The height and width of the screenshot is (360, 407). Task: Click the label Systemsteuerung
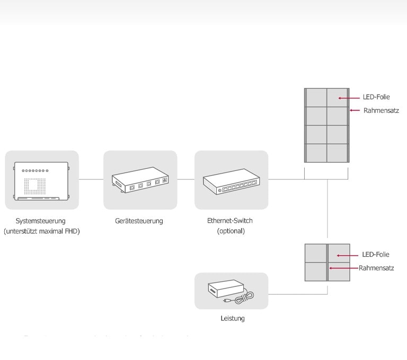coord(41,221)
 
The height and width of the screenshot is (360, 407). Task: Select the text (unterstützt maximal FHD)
coord(41,231)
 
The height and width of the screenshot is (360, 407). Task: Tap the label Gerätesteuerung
coord(139,221)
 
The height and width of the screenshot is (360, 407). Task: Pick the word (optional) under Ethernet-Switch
coord(231,231)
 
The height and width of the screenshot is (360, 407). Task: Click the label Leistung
coord(233,319)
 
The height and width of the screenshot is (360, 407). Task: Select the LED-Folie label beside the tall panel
coord(376,97)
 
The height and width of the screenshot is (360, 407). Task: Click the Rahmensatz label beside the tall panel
coord(381,111)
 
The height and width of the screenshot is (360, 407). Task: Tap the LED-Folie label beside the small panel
coord(375,255)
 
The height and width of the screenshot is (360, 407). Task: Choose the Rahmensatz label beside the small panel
coord(376,268)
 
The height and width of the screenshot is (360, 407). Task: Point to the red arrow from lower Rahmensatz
coord(342,268)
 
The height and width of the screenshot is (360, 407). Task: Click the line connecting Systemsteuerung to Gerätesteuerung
coord(91,179)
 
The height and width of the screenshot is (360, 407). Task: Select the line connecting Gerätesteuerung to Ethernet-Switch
coord(185,179)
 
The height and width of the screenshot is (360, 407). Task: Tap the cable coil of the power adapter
coord(245,299)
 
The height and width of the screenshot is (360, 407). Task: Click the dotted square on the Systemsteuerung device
coord(36,184)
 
